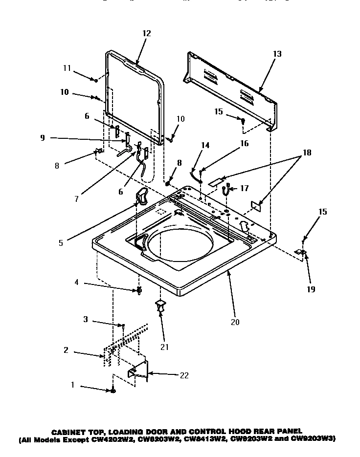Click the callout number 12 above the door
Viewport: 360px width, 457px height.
(x=146, y=34)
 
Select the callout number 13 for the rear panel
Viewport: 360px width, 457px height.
(x=277, y=54)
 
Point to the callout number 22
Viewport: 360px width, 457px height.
(x=184, y=375)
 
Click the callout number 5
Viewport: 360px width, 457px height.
(x=61, y=242)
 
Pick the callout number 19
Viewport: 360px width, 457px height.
(x=311, y=289)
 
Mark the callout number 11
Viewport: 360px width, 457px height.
(x=67, y=69)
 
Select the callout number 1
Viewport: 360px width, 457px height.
(x=72, y=385)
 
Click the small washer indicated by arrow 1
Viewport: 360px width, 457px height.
(x=113, y=391)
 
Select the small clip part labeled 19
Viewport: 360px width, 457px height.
(x=301, y=252)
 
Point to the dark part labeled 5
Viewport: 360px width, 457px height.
(x=142, y=196)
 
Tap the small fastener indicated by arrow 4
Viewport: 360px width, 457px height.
(x=139, y=290)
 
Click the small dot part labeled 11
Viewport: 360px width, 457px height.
(x=96, y=79)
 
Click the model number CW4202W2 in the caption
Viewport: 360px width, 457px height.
(x=112, y=439)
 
